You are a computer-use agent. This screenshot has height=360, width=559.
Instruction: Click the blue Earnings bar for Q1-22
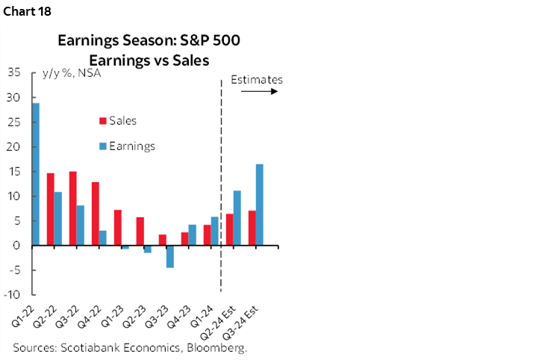[36, 174]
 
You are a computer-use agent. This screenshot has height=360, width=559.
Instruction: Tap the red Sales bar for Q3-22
[72, 208]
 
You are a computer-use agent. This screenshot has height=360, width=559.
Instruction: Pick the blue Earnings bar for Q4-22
[103, 238]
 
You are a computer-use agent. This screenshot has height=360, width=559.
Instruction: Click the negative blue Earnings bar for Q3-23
[170, 256]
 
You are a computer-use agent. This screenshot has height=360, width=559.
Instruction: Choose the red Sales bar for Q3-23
[162, 240]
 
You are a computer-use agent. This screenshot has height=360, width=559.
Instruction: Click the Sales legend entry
[122, 120]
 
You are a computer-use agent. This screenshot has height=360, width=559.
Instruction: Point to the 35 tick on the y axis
[13, 72]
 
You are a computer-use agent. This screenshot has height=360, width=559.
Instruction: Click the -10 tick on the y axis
[13, 294]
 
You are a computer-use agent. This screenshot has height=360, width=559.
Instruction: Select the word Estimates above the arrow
[257, 78]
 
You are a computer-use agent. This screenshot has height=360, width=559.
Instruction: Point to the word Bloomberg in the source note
[216, 348]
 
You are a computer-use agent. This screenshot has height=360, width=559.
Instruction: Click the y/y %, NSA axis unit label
[72, 73]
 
